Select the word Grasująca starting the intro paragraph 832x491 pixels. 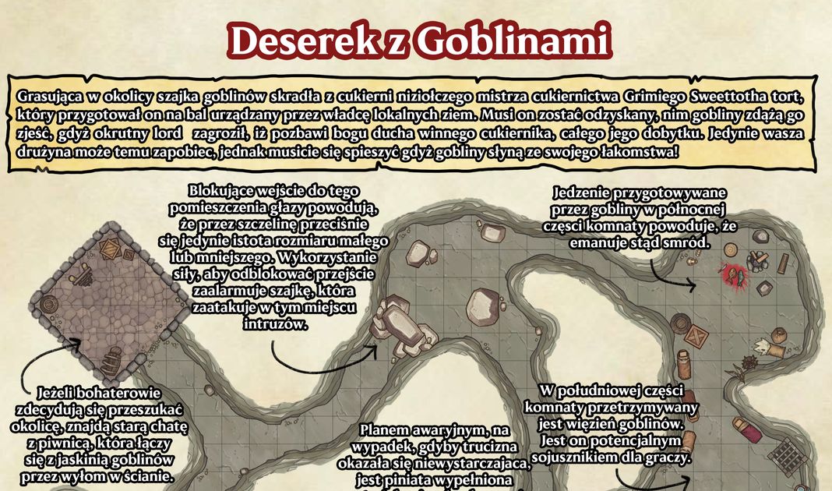51,96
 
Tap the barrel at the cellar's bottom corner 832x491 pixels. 114,361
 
